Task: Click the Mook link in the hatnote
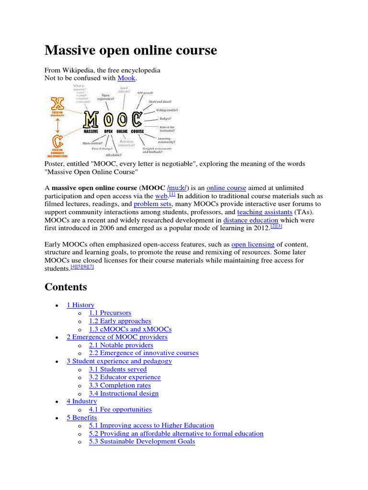coord(126,78)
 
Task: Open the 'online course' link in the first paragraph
coord(226,188)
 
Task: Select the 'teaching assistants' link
coord(264,212)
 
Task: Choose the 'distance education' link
coord(251,220)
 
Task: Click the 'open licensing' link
coord(253,244)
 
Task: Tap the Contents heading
coord(66,287)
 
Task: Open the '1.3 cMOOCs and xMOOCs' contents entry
coord(130,329)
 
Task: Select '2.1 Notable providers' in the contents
coord(121,345)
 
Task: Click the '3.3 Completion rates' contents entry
coord(119,385)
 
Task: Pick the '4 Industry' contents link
coord(81,401)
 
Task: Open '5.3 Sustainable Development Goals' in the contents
coord(142,441)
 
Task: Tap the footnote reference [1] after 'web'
coord(172,194)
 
